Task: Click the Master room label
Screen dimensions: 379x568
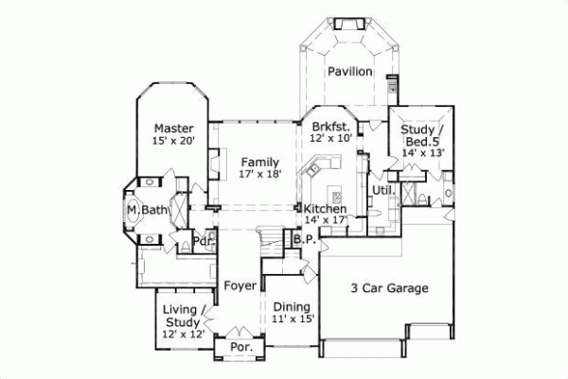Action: (174, 129)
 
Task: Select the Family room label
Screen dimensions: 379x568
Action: (258, 162)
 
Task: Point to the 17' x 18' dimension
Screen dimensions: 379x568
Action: (258, 175)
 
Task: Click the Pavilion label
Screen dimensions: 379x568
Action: (349, 72)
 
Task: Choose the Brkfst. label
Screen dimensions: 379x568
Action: (331, 126)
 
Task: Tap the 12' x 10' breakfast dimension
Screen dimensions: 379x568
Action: (331, 138)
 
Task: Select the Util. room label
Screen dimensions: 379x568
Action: (382, 191)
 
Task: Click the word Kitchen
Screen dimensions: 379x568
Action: (325, 209)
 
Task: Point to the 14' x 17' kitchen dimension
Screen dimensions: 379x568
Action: (325, 221)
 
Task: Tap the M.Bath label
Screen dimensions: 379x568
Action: (147, 209)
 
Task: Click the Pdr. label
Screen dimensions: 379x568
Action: (202, 240)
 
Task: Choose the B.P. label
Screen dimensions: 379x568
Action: (303, 240)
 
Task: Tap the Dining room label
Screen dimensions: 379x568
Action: (292, 307)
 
